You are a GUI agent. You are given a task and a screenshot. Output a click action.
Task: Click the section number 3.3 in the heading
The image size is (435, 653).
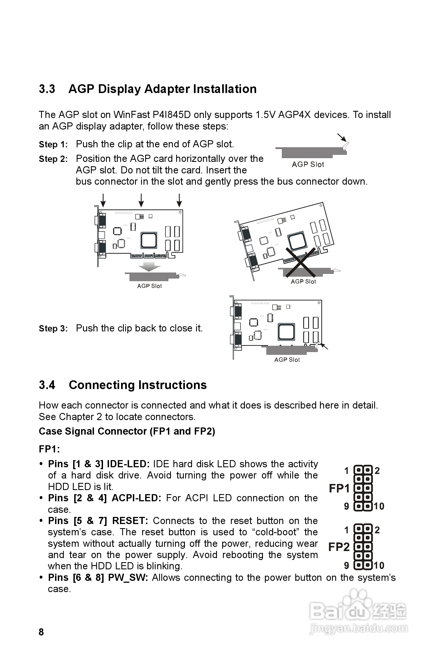tap(47, 89)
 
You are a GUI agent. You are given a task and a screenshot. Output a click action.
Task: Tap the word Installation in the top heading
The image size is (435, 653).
tap(225, 89)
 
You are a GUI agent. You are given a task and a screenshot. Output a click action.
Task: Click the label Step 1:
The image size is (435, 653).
tap(53, 145)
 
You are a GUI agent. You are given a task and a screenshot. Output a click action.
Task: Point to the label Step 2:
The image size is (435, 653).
tap(53, 159)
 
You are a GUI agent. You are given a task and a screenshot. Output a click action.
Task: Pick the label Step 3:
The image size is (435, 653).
tap(53, 328)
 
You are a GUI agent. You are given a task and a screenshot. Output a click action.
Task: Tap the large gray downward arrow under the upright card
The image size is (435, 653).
tap(149, 266)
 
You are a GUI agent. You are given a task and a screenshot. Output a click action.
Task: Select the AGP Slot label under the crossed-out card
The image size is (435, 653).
tap(303, 282)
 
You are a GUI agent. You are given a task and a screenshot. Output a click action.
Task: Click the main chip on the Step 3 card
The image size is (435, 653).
tap(286, 332)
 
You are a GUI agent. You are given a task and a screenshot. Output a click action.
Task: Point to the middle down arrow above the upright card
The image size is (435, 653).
tap(141, 200)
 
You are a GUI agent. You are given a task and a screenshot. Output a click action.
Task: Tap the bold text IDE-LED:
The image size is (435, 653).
tap(128, 464)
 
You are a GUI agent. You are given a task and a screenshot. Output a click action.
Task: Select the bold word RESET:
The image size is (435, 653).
tap(130, 521)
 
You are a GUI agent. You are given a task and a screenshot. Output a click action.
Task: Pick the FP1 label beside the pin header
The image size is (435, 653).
tap(339, 488)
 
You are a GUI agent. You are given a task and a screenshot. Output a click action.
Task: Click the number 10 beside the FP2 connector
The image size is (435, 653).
tap(379, 565)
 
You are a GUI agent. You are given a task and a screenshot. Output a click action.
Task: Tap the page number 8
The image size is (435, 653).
tap(41, 632)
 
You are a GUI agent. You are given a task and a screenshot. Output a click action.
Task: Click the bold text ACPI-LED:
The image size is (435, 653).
tap(136, 498)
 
